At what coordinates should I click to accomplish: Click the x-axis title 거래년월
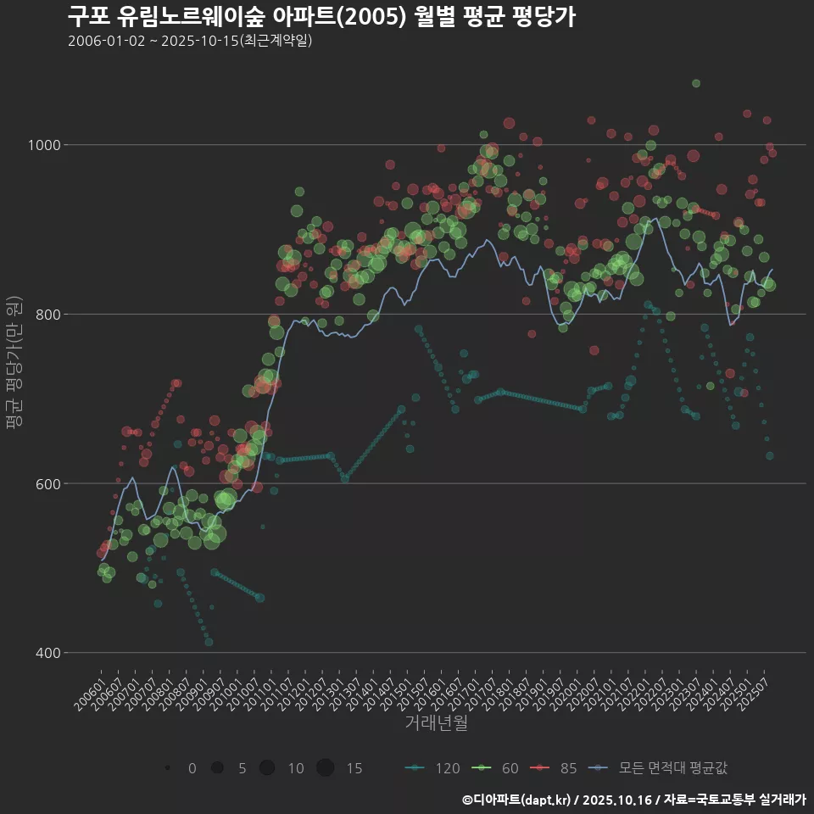[436, 722]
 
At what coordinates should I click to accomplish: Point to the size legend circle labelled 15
[325, 768]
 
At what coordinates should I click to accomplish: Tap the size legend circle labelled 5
[217, 768]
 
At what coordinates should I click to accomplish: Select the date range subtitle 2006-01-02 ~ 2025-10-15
[190, 40]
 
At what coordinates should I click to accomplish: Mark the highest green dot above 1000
[696, 83]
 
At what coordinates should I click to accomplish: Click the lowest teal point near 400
[209, 642]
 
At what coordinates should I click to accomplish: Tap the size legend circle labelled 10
[267, 768]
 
